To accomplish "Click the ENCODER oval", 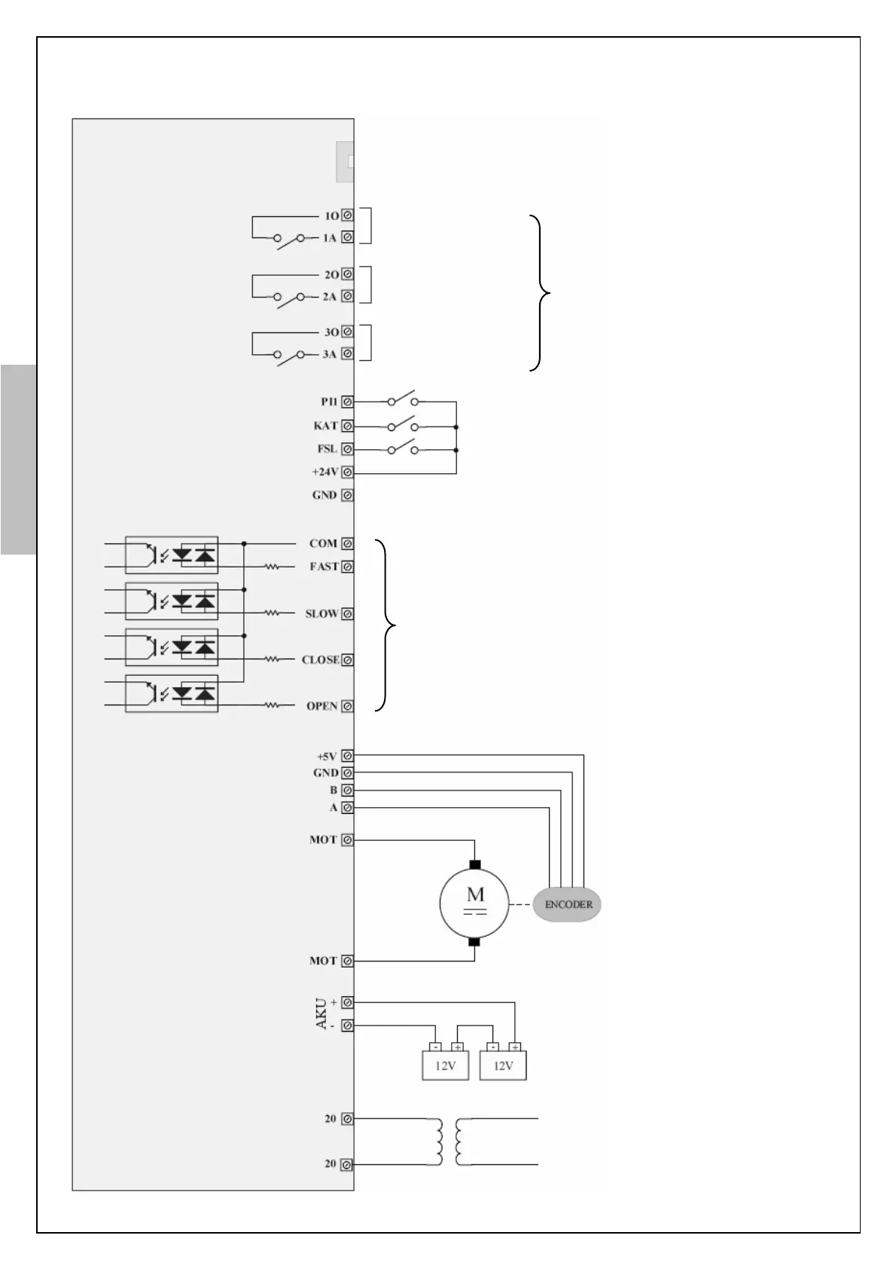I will [x=567, y=904].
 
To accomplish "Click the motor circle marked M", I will [x=474, y=903].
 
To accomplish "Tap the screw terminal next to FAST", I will [x=347, y=567].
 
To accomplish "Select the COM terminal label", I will [x=323, y=543].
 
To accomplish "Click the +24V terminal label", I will [x=325, y=472].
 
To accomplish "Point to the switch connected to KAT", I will [x=403, y=426].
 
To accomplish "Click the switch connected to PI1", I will [x=403, y=400].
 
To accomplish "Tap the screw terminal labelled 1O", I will [x=347, y=216].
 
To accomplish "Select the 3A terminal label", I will [x=329, y=354].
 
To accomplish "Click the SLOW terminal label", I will [x=321, y=614].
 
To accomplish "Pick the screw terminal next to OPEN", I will [x=347, y=706].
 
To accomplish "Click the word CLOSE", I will [x=320, y=660].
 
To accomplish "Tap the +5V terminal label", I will [x=327, y=756].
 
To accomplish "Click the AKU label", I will [x=322, y=1014].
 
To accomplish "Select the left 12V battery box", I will [x=445, y=1066].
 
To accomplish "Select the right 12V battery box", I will [x=503, y=1066].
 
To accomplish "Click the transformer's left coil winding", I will [x=437, y=1142].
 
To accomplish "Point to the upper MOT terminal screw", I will [x=347, y=839].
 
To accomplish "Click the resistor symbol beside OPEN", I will [x=272, y=706].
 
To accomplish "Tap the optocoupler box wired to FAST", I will [x=172, y=555].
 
